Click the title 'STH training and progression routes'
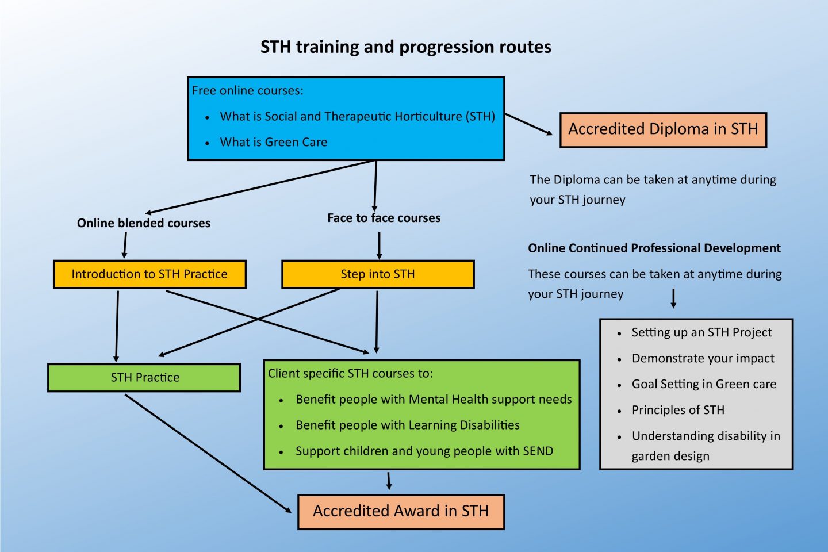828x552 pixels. (x=405, y=47)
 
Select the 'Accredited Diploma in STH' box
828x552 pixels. (x=663, y=130)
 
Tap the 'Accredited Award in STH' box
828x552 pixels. (x=401, y=511)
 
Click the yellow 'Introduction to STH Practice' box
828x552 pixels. (x=149, y=274)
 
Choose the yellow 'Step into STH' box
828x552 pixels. (x=378, y=274)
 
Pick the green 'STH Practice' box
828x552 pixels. (x=144, y=378)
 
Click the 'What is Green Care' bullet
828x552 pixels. (x=273, y=142)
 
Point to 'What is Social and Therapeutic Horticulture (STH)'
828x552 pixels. (x=357, y=116)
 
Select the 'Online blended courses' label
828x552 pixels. (x=144, y=223)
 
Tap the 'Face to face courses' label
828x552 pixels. (x=384, y=218)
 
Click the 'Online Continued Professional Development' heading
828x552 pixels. (x=654, y=248)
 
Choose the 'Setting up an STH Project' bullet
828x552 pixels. (x=701, y=332)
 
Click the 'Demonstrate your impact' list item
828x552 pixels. (x=703, y=358)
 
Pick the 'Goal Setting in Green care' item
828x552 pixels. (x=704, y=384)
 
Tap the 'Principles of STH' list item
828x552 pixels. (x=678, y=410)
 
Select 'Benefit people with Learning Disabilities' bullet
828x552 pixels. (x=407, y=425)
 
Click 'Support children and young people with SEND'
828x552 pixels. (x=424, y=451)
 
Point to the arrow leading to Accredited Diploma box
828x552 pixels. (x=528, y=124)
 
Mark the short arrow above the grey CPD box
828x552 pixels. (x=673, y=298)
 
